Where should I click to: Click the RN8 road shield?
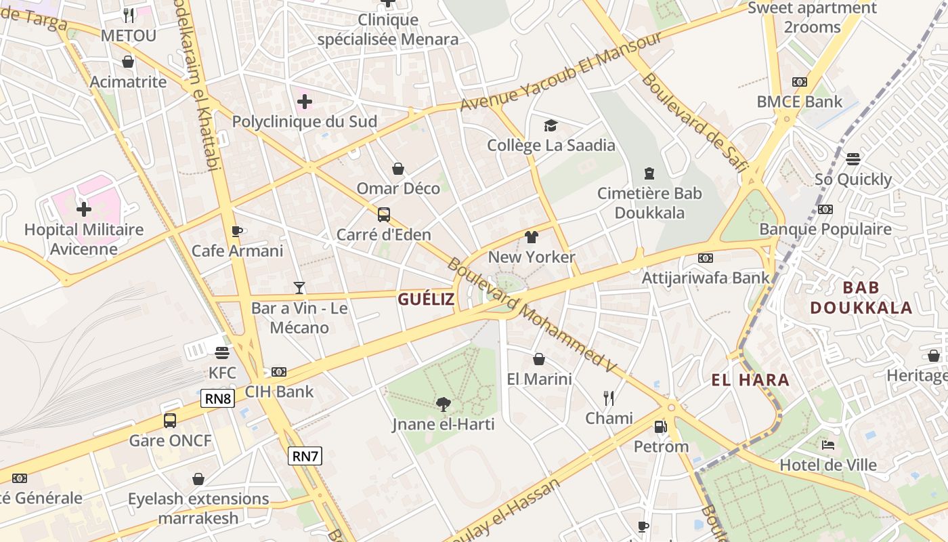[x=217, y=398]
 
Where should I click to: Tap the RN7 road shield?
[x=305, y=456]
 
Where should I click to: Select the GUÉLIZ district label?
[x=426, y=299]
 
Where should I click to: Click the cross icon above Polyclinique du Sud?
[x=305, y=102]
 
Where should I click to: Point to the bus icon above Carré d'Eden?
[x=384, y=215]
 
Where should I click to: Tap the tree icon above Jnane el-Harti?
[x=444, y=404]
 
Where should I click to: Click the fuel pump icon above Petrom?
[x=661, y=427]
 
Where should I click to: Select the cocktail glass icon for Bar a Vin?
[x=299, y=288]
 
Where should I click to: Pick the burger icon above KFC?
[x=222, y=352]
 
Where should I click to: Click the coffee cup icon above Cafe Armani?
[x=237, y=231]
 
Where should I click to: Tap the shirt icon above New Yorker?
[x=532, y=237]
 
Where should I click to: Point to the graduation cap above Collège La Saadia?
[x=551, y=125]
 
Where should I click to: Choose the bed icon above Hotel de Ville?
[x=827, y=445]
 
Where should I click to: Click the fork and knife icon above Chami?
[x=609, y=398]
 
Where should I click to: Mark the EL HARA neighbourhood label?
[x=750, y=380]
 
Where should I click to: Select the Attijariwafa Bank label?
[x=706, y=277]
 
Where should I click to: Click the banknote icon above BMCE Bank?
[x=800, y=82]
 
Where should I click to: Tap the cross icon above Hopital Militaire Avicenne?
[x=84, y=209]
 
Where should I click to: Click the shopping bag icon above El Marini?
[x=539, y=359]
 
